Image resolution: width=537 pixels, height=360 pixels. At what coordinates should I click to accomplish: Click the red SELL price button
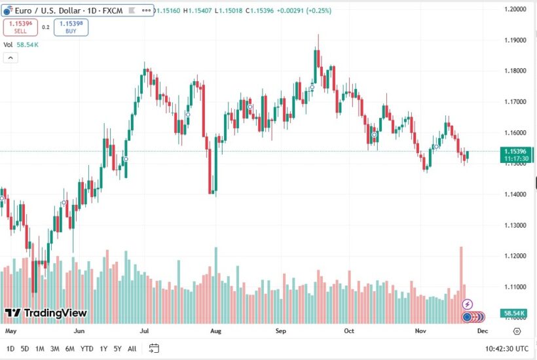[20, 27]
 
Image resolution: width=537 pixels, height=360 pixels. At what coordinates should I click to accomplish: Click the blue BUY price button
[71, 27]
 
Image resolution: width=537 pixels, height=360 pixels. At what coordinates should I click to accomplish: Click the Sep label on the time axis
[282, 331]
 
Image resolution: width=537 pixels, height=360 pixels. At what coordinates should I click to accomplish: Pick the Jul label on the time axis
[144, 331]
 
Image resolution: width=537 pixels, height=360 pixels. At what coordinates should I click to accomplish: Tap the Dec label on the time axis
[483, 331]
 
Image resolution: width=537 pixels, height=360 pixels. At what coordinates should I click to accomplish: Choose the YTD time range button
[86, 348]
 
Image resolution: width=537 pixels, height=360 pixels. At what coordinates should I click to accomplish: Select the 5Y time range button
[117, 348]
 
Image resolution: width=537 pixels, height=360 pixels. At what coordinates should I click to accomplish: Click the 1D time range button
[10, 348]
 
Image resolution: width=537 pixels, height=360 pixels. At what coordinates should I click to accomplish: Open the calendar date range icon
[154, 348]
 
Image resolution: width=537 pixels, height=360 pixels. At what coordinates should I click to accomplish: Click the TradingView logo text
[46, 313]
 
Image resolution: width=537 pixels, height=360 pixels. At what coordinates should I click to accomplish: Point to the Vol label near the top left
[8, 45]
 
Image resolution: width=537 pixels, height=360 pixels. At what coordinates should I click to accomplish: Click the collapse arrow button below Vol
[10, 58]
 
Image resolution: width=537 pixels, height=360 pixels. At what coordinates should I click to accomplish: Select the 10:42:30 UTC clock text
[505, 348]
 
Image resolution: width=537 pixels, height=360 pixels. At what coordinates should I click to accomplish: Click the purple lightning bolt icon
[468, 304]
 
